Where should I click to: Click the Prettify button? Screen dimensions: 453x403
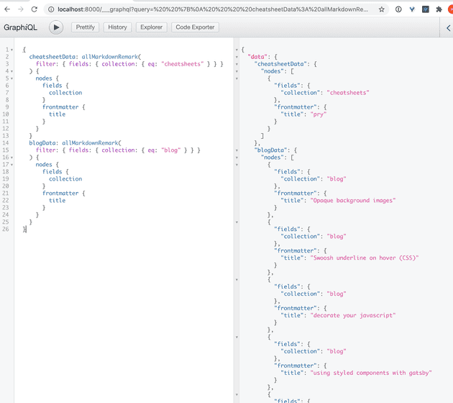click(x=86, y=27)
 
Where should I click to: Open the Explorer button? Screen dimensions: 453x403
click(x=152, y=27)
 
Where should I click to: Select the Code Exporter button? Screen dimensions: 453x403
click(x=195, y=27)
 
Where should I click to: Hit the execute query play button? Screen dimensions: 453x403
click(x=56, y=27)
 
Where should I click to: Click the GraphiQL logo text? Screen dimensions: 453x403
click(x=20, y=27)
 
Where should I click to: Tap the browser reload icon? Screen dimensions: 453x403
click(x=35, y=9)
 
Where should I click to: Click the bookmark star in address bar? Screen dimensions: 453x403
click(x=381, y=9)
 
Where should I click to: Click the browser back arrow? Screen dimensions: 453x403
click(x=7, y=9)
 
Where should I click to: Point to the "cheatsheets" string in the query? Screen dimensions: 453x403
click(x=183, y=64)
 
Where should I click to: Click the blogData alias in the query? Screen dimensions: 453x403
click(x=42, y=142)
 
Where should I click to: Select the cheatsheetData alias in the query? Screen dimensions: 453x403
click(x=52, y=57)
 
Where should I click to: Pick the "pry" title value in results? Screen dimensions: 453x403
click(x=319, y=114)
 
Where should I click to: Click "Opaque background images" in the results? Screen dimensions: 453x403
click(x=353, y=200)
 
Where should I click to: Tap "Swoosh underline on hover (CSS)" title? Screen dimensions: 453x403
click(x=365, y=258)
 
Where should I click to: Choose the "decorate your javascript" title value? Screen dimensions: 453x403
click(x=353, y=315)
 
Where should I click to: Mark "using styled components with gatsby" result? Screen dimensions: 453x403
click(x=371, y=373)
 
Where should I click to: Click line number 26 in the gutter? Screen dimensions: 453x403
click(x=6, y=229)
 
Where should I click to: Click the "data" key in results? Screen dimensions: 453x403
click(x=257, y=57)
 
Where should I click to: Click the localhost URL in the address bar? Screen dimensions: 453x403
click(x=213, y=9)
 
